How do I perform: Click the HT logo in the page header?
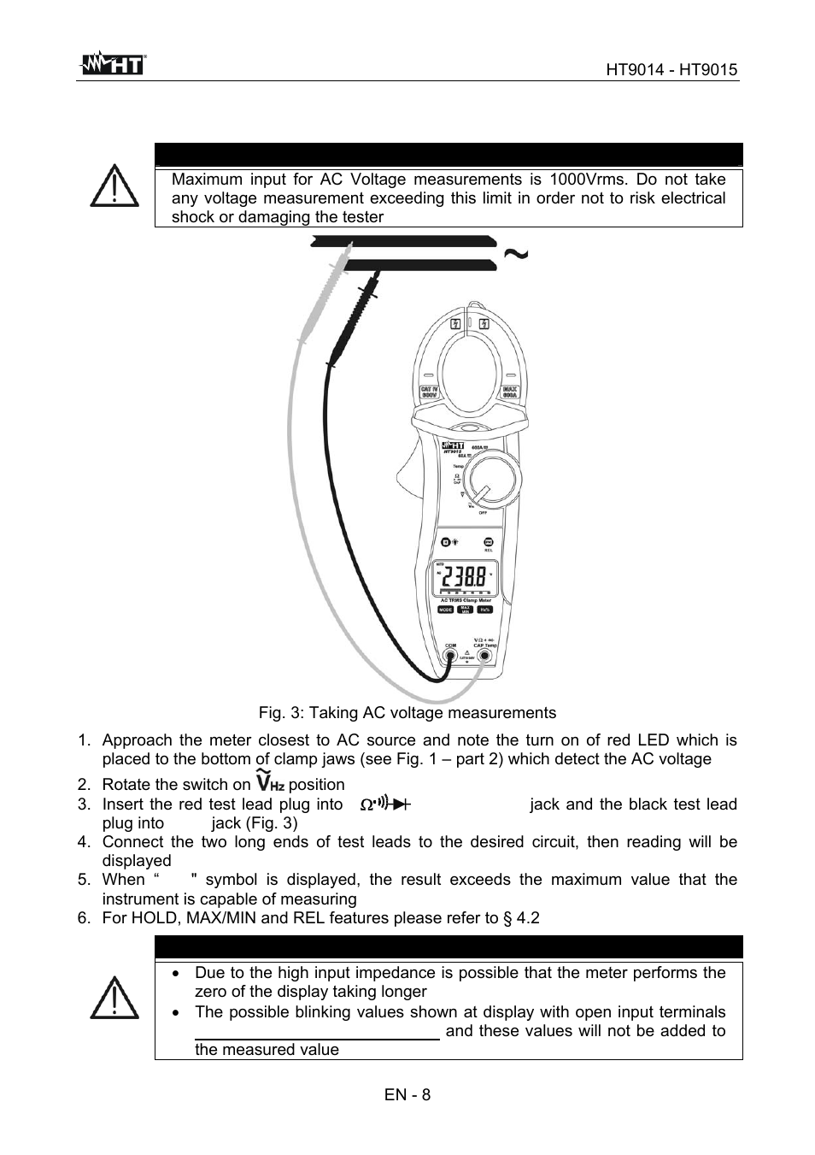point(112,63)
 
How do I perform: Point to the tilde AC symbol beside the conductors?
point(516,254)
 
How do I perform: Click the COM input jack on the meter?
point(451,657)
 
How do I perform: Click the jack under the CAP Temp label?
point(484,657)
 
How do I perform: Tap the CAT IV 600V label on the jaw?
point(429,393)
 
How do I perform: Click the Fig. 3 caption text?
point(407,713)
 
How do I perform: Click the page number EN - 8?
point(407,1094)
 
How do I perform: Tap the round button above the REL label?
point(489,542)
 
